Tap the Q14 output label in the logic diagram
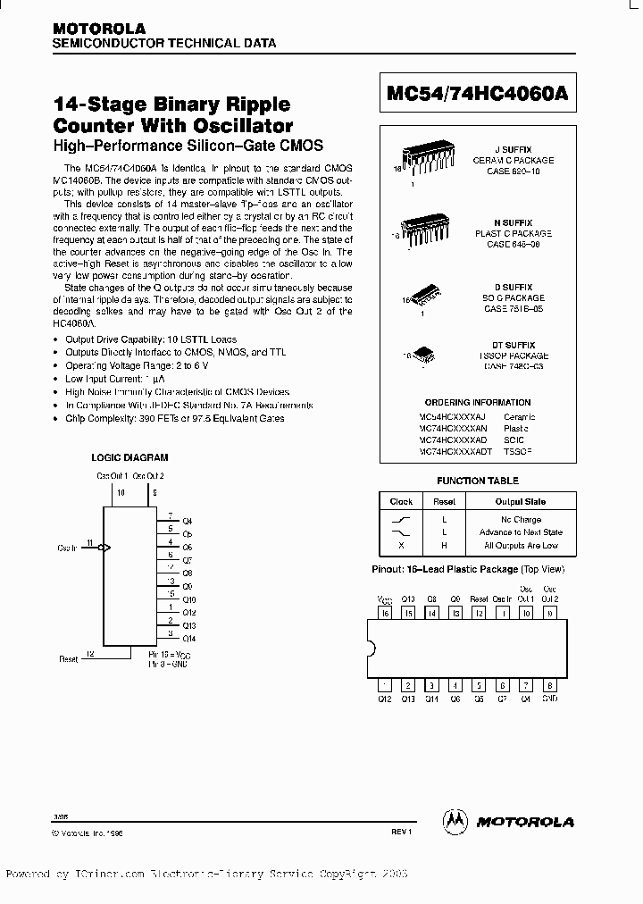[188, 639]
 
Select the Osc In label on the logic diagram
[67, 547]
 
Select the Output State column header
[521, 501]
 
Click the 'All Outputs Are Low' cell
[521, 545]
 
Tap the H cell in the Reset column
[444, 545]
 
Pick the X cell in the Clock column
[401, 545]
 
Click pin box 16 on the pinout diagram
[386, 614]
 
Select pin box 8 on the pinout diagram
[549, 685]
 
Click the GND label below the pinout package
[549, 699]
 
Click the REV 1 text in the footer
[400, 831]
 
